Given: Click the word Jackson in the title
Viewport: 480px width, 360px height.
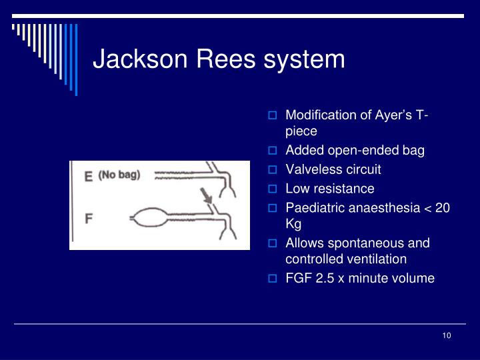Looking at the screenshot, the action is (140, 59).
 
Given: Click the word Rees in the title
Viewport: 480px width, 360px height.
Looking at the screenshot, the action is (225, 59).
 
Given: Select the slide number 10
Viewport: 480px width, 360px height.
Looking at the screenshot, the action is (447, 335).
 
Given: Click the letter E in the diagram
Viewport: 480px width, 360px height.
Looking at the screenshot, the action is (89, 177).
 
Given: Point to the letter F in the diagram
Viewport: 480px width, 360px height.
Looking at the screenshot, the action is (89, 219).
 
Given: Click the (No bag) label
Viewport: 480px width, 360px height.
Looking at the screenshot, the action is (119, 175).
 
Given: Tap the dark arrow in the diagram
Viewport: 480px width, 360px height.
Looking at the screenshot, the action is (206, 196).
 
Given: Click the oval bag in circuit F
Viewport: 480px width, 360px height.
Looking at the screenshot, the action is (150, 217).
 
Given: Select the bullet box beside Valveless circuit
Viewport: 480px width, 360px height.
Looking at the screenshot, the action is (272, 169).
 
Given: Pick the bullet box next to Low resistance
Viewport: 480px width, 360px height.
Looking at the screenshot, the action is (272, 189).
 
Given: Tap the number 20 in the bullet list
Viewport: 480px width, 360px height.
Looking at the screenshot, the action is (443, 208).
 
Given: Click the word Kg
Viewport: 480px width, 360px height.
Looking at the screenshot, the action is (293, 225).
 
